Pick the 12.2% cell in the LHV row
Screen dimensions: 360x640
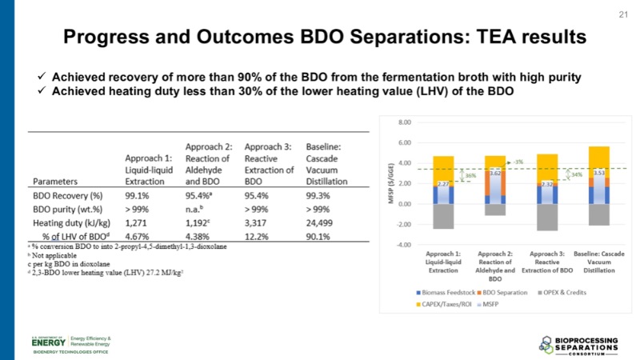[258, 235]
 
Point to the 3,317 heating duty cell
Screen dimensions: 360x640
[261, 222]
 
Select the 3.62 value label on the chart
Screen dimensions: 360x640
[495, 173]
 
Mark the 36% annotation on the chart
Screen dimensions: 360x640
[471, 177]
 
